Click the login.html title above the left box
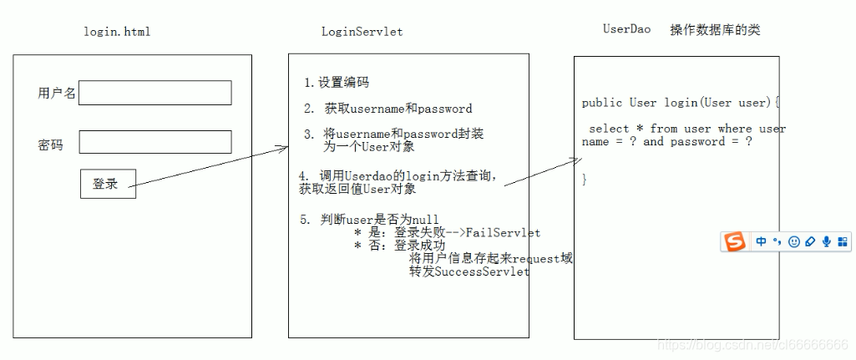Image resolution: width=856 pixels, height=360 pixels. coord(117,32)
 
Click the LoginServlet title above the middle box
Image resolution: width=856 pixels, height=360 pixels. coord(362,32)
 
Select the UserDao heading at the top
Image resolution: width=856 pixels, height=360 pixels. coord(626,29)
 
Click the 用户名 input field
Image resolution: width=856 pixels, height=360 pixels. coord(154,93)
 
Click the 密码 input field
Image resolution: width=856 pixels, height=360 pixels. coord(154,142)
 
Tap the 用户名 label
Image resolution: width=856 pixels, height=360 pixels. coord(56,94)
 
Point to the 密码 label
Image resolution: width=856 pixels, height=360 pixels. coord(50,145)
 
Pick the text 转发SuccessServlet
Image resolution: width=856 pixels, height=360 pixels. coord(469,272)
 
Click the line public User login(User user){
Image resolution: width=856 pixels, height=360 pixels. coord(681,103)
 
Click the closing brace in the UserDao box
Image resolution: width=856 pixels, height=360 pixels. coord(585,180)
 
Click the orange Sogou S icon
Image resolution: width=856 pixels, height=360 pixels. coord(735,242)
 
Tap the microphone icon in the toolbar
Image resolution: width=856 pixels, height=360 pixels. coord(826,242)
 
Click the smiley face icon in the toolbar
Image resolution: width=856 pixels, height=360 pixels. coord(794,242)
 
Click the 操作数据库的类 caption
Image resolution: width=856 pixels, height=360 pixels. coord(715,30)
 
